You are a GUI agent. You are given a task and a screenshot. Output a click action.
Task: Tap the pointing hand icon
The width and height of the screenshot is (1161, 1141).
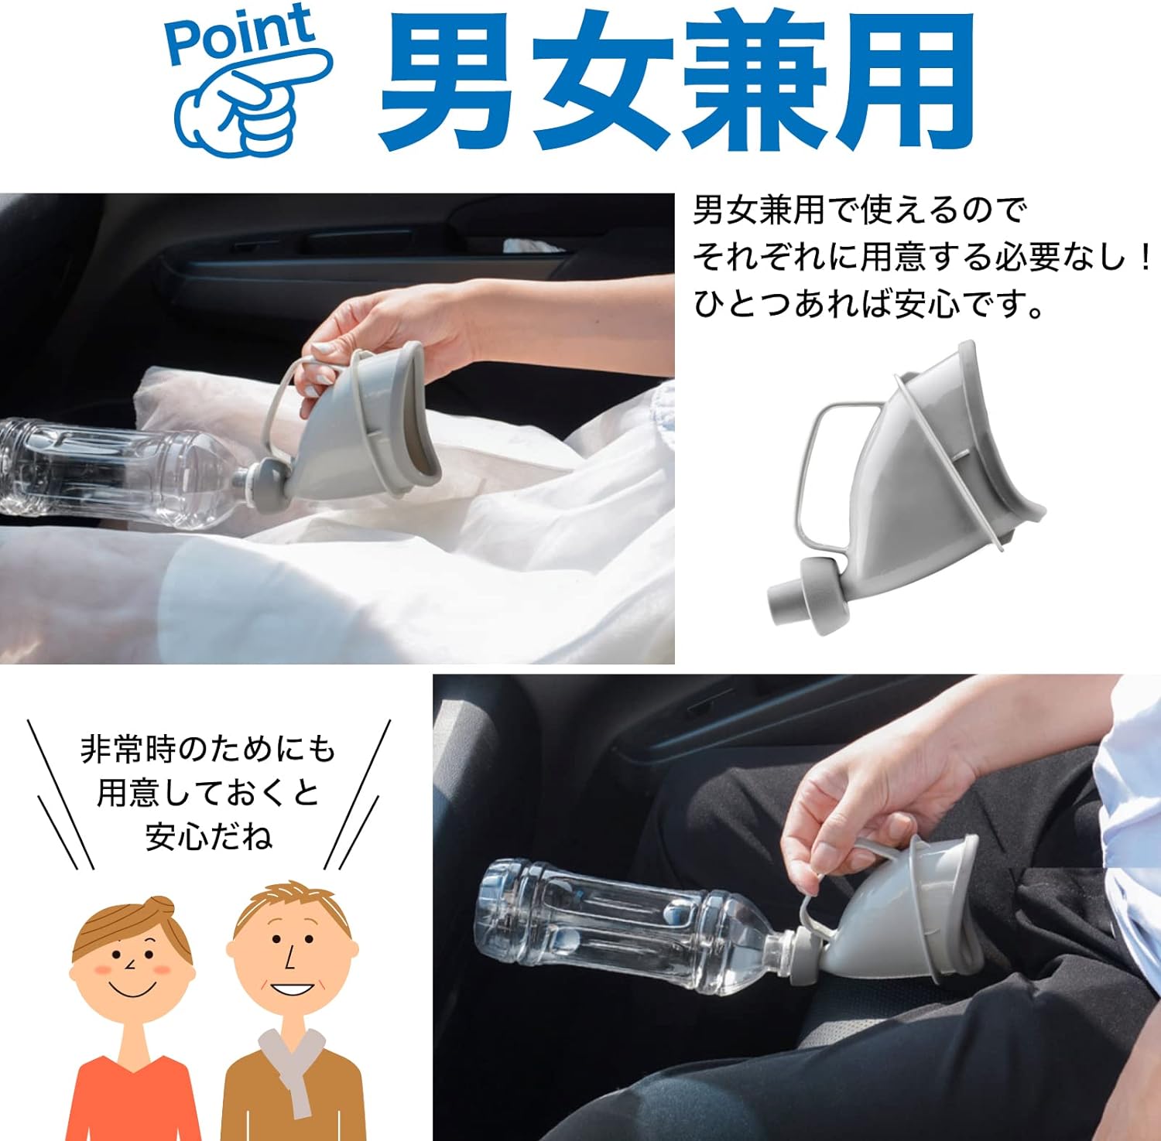tap(252, 101)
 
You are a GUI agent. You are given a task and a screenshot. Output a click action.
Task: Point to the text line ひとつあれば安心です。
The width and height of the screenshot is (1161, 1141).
tap(869, 304)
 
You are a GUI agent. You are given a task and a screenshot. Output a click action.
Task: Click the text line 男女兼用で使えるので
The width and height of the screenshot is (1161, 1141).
tap(859, 210)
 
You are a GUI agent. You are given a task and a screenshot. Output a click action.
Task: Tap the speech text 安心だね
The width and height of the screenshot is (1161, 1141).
tap(209, 836)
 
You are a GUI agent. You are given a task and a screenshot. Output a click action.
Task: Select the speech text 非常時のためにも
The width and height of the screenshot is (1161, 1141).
tap(208, 749)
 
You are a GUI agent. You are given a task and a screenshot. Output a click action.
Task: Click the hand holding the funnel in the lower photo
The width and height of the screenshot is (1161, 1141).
tap(867, 812)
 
